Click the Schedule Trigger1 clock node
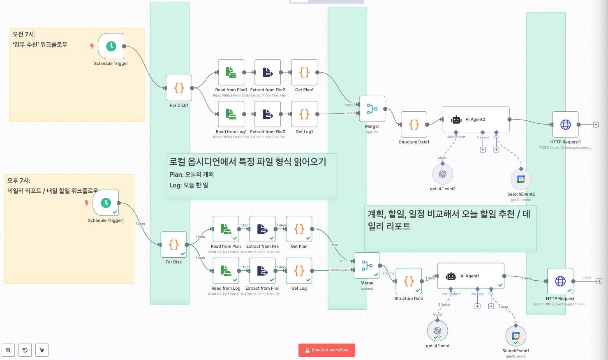(106, 203)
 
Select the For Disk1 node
(179, 88)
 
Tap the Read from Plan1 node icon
(231, 72)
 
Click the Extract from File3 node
(268, 114)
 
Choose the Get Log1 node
(304, 114)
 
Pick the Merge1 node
(372, 109)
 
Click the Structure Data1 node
(414, 125)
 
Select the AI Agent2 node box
(476, 119)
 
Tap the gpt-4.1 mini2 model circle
(443, 174)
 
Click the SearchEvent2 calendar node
(521, 179)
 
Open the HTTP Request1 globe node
(566, 125)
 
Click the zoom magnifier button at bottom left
(8, 350)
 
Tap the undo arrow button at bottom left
(25, 350)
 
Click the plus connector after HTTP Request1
(596, 125)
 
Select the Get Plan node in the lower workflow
(299, 229)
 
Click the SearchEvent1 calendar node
(516, 336)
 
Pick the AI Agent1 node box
(471, 276)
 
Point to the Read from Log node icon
(226, 271)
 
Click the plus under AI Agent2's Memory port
(483, 150)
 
